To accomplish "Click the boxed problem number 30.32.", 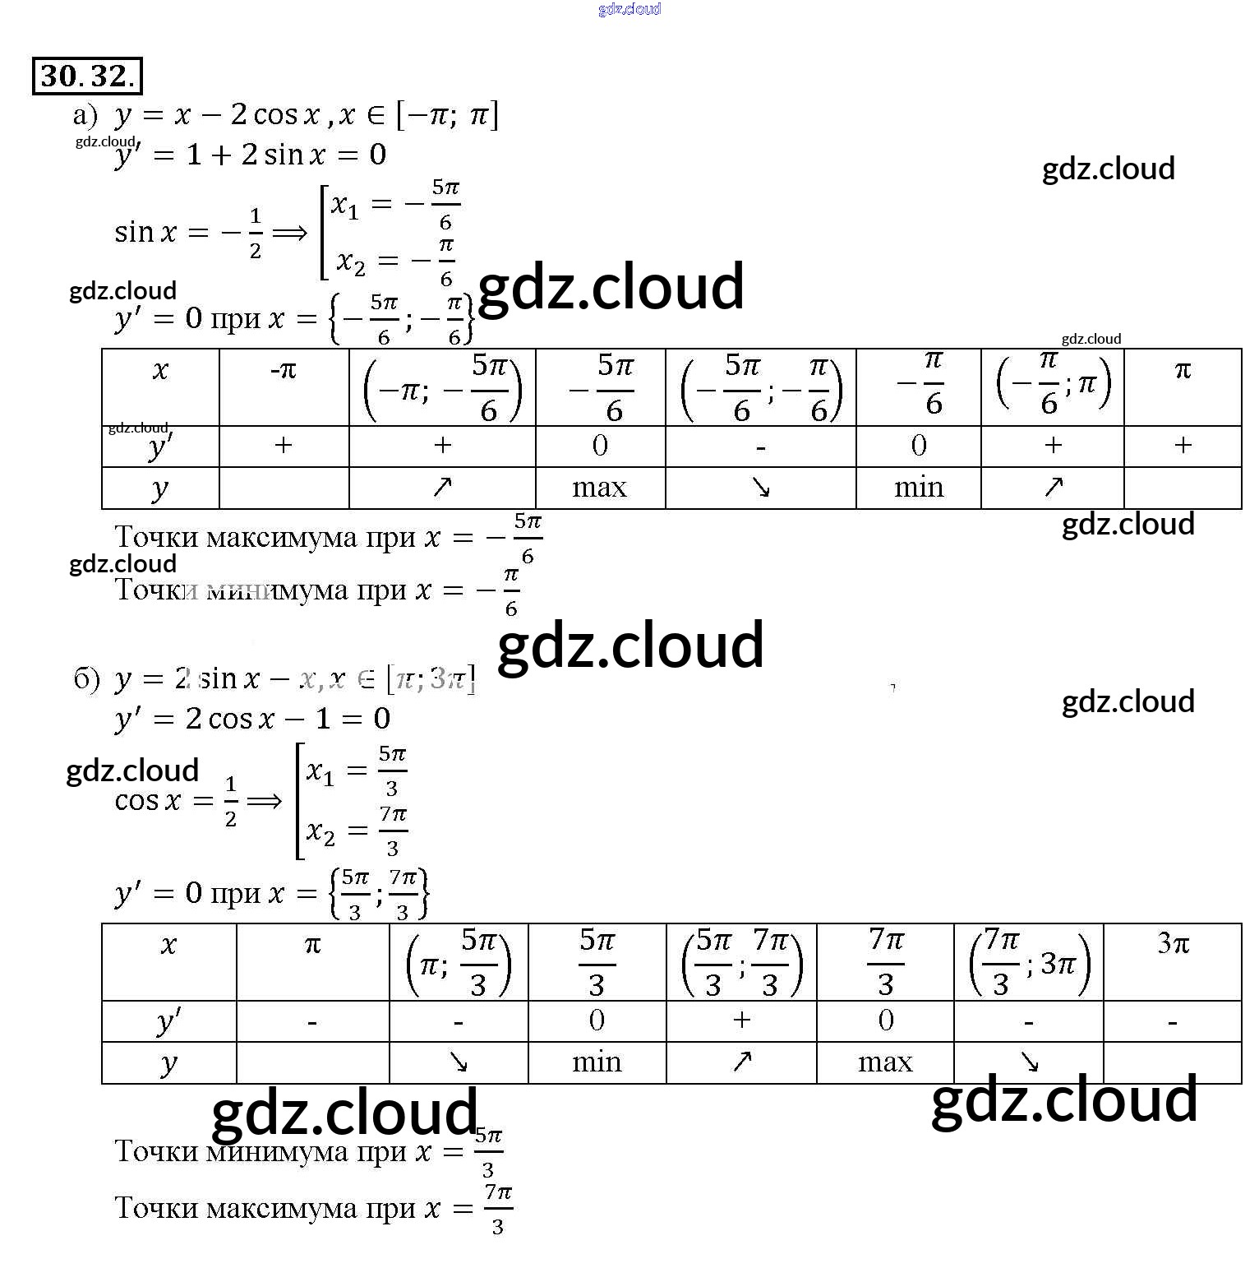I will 87,76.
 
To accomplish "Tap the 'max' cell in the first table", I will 599,488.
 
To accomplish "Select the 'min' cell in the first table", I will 918,488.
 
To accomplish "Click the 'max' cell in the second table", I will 885,1062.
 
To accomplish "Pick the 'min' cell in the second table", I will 597,1062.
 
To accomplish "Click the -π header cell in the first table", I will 284,371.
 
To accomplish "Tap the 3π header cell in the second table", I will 1173,943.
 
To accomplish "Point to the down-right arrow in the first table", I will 761,488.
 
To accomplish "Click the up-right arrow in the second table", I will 742,1062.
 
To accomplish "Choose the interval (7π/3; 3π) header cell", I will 1029,962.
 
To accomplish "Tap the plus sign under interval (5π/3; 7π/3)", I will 742,1020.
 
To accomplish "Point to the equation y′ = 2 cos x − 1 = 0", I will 252,719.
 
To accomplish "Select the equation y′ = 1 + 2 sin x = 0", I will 250,155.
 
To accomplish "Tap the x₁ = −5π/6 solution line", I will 395,205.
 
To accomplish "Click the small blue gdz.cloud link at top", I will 629,9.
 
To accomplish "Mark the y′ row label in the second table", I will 168,1021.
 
